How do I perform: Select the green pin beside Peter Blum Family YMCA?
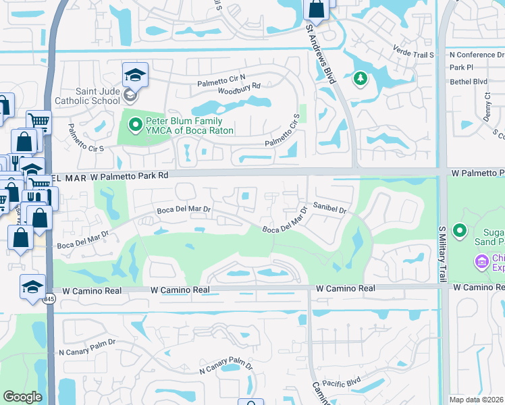135,124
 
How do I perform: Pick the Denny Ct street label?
486,105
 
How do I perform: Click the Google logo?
22,397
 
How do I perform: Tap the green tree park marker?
361,80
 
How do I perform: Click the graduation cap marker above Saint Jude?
135,74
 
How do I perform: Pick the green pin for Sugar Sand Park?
460,231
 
